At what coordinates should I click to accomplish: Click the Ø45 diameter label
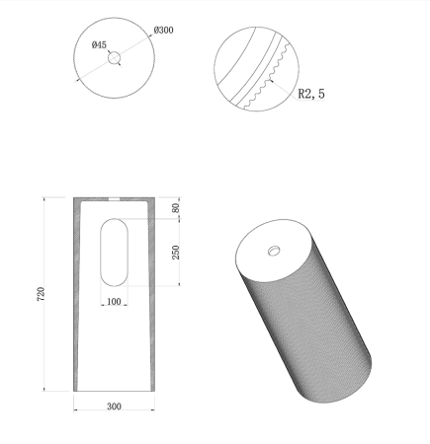98,44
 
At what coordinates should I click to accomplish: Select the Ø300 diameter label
163,30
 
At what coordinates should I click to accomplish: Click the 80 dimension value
176,208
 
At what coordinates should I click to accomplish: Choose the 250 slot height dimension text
176,253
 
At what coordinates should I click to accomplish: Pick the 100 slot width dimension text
115,301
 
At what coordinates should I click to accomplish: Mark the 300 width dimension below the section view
115,406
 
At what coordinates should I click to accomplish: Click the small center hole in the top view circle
115,59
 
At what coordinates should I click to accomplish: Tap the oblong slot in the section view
115,253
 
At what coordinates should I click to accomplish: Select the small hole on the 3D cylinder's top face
274,250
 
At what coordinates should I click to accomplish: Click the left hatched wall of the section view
79,296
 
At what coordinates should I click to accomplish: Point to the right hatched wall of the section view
150,296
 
